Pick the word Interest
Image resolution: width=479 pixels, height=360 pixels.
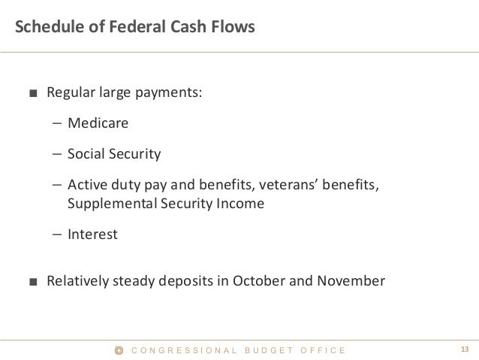(92, 234)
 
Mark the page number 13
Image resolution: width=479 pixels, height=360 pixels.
(464, 349)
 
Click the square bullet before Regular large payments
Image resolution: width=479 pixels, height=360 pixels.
(32, 95)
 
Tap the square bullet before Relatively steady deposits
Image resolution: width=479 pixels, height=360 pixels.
(32, 283)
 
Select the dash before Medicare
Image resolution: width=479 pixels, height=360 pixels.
(58, 123)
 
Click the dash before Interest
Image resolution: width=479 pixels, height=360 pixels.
(58, 234)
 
